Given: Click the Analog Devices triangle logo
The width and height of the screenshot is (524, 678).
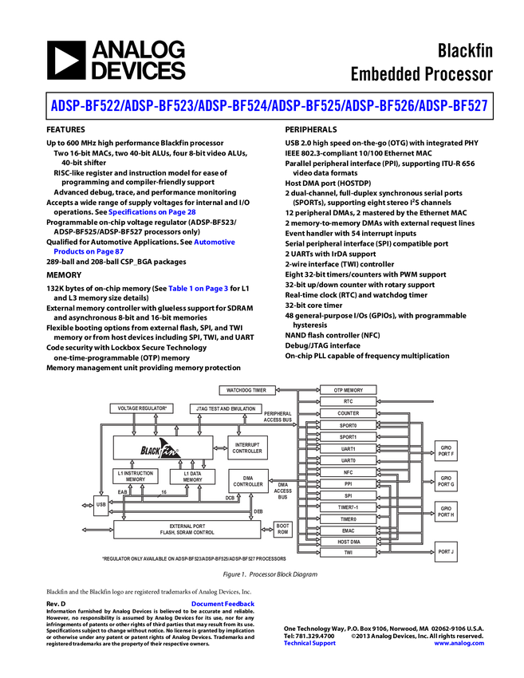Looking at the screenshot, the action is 66,61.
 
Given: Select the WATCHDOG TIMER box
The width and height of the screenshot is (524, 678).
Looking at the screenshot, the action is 247,390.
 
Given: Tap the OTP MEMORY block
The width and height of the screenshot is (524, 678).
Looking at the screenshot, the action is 348,390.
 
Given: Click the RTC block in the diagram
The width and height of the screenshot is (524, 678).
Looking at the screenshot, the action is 348,402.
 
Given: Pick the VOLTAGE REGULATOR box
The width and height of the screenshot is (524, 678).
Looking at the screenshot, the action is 142,408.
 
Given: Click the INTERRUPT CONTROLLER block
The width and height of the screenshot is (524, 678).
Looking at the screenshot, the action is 247,447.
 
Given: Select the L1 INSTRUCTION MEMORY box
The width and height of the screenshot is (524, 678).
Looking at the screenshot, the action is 136,477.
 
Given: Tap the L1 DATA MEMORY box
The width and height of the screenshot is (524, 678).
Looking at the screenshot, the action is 192,477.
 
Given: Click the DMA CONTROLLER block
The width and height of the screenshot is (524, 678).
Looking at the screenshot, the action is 248,481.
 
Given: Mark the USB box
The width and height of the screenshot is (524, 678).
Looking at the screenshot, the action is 100,504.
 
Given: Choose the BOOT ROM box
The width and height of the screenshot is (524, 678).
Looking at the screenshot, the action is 282,529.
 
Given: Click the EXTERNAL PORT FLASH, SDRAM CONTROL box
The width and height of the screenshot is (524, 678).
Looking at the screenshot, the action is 187,529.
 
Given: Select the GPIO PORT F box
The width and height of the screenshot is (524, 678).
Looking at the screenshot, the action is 445,451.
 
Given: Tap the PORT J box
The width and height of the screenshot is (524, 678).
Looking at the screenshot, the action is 445,551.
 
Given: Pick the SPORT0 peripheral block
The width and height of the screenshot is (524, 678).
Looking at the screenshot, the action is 348,425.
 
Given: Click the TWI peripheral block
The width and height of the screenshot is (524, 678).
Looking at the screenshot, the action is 348,552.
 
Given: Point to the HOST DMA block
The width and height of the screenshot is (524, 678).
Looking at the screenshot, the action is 348,542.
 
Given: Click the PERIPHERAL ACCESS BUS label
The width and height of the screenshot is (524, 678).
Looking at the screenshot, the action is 278,416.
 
